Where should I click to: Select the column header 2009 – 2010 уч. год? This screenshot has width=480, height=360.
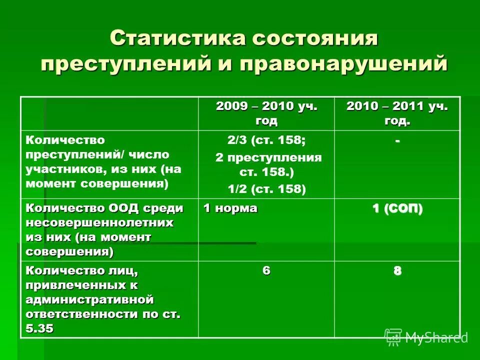pyautogui.click(x=266, y=113)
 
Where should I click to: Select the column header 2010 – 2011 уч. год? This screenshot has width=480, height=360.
pyautogui.click(x=396, y=113)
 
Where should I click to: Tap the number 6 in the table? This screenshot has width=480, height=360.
pyautogui.click(x=266, y=270)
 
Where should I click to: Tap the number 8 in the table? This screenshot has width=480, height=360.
pyautogui.click(x=397, y=270)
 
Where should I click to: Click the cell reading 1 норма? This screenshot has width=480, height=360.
pyautogui.click(x=230, y=208)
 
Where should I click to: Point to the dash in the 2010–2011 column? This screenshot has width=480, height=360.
pyautogui.click(x=397, y=141)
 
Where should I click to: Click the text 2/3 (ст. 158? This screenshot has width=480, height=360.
pyautogui.click(x=266, y=141)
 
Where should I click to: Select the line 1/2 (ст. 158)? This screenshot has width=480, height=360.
pyautogui.click(x=266, y=188)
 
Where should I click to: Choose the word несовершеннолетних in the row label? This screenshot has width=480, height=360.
pyautogui.click(x=99, y=222)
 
